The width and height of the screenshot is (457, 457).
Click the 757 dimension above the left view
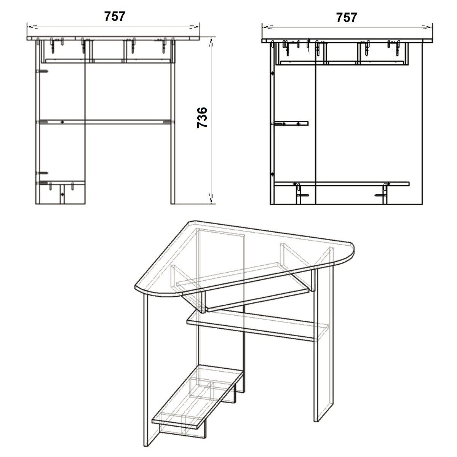coord(115,16)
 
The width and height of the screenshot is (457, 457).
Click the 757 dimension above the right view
coord(347,18)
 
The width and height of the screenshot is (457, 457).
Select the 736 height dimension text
coord(202,118)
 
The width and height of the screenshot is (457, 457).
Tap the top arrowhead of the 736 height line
coord(211,42)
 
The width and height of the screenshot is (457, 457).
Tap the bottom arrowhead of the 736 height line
coord(211,198)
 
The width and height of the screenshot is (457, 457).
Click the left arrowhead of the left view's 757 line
coord(32,27)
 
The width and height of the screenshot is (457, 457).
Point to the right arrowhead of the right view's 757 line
coord(427,27)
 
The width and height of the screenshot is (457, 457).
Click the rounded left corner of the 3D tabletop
coord(142,291)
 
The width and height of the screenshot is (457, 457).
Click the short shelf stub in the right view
coord(291,123)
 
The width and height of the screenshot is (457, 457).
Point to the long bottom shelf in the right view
coord(342,184)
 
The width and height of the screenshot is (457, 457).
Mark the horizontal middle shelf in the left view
coord(105,122)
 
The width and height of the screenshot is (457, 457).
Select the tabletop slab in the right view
coord(347,41)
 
